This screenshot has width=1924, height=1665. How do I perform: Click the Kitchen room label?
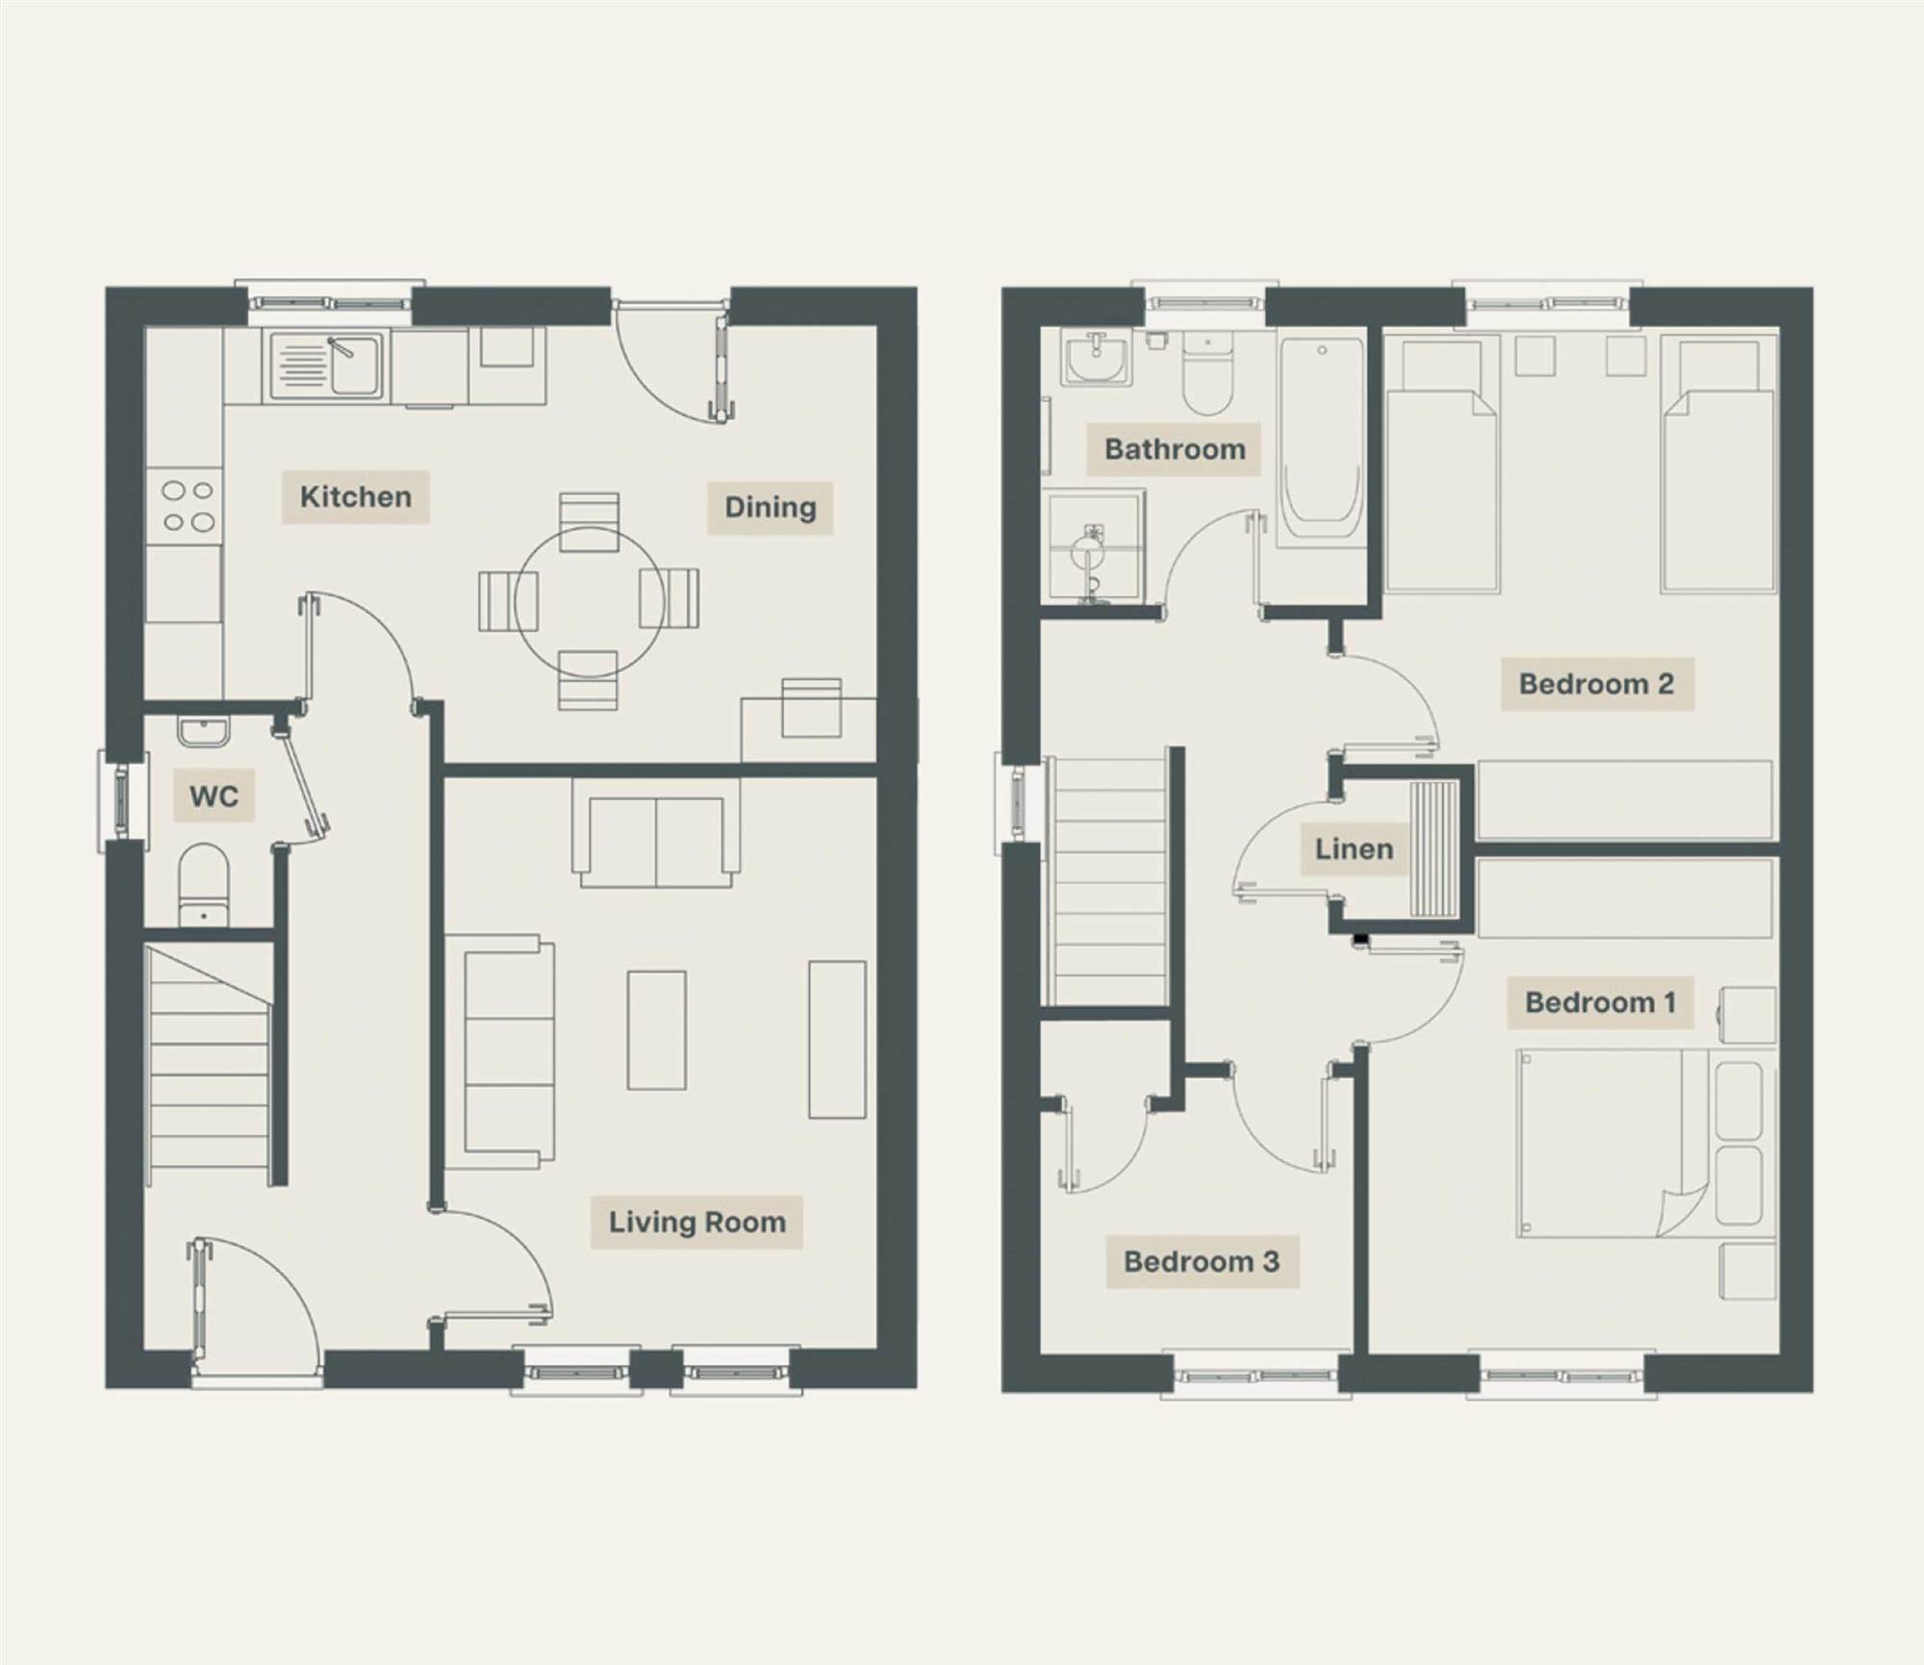pyautogui.click(x=355, y=497)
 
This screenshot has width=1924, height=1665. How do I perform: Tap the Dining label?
pyautogui.click(x=770, y=508)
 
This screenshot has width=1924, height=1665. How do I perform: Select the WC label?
pyautogui.click(x=214, y=795)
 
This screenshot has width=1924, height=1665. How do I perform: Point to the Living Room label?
pyautogui.click(x=696, y=1223)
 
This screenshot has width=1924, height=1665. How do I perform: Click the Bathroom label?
pyautogui.click(x=1174, y=449)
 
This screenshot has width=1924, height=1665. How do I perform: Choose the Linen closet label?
pyautogui.click(x=1354, y=849)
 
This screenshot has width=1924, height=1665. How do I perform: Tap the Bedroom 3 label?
pyautogui.click(x=1202, y=1262)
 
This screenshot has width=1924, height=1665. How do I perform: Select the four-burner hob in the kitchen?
pyautogui.click(x=187, y=507)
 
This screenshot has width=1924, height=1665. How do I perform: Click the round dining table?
pyautogui.click(x=589, y=601)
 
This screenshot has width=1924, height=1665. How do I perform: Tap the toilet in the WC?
pyautogui.click(x=203, y=885)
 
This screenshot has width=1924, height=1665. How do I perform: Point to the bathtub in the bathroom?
pyautogui.click(x=1321, y=443)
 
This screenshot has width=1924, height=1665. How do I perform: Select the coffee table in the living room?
pyautogui.click(x=656, y=1030)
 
